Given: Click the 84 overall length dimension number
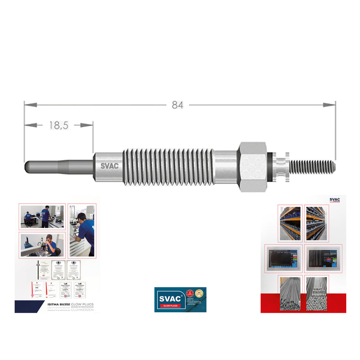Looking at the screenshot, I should [177, 105].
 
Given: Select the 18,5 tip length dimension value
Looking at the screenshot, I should [58, 125].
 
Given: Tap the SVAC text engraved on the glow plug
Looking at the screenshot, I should [109, 166].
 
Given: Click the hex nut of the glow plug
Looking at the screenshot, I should [252, 167].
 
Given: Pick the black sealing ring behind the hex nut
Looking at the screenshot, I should [270, 167].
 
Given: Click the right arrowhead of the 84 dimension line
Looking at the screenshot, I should [330, 105].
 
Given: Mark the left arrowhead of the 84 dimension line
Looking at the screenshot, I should [30, 105].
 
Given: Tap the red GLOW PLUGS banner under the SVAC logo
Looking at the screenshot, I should [170, 306].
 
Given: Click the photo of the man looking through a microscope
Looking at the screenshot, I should [41, 245].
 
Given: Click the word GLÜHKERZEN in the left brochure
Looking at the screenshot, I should [82, 310].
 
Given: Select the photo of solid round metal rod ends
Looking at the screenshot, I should [316, 293].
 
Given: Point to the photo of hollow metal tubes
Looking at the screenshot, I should [290, 293].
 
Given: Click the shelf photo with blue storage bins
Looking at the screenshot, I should [290, 223].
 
